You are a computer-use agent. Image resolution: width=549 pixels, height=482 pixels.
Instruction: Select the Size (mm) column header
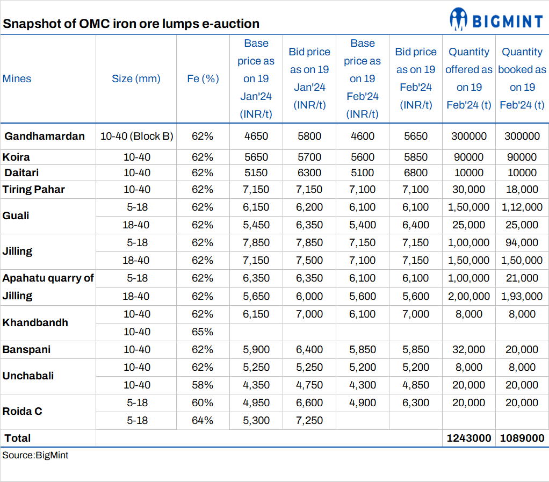[136, 78]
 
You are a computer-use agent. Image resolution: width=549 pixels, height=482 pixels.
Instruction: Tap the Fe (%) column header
[203, 78]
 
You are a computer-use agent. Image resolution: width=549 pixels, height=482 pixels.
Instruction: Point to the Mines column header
[17, 78]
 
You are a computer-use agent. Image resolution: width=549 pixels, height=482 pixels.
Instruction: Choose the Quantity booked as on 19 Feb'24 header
[522, 78]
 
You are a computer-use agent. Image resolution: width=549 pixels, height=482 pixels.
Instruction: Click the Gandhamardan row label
[45, 136]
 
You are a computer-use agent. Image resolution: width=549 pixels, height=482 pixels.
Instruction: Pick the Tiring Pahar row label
[33, 189]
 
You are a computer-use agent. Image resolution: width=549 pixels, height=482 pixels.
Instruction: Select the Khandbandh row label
[35, 322]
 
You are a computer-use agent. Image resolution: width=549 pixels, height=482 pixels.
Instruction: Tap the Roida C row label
[22, 411]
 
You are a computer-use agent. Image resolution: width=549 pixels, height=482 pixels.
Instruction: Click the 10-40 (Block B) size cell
[136, 136]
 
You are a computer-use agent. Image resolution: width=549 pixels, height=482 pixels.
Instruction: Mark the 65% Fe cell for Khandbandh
[203, 332]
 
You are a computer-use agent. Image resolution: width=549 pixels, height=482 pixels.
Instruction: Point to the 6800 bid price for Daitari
[416, 172]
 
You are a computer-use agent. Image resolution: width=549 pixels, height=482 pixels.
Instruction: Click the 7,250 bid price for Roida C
[309, 420]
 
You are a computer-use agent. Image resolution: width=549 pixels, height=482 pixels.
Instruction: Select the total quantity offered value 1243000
[469, 438]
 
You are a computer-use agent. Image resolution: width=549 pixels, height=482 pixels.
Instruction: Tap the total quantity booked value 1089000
[522, 438]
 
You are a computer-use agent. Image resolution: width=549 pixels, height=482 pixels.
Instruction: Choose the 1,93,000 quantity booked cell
[522, 296]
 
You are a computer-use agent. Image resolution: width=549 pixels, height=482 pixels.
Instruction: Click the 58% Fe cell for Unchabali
[203, 385]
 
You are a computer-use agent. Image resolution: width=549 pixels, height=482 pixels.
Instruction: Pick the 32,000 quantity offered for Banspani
[469, 349]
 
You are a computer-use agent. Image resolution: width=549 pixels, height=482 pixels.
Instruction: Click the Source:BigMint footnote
[35, 455]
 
